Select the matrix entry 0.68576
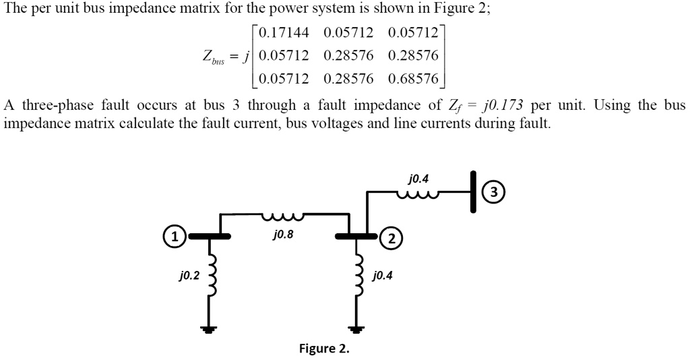413,79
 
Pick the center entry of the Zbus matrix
348,55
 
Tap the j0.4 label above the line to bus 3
418,179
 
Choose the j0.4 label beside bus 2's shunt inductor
383,275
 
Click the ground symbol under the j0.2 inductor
209,330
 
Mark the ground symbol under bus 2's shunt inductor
356,330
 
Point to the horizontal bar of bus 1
210,237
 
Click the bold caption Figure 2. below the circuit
324,349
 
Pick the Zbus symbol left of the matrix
215,57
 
